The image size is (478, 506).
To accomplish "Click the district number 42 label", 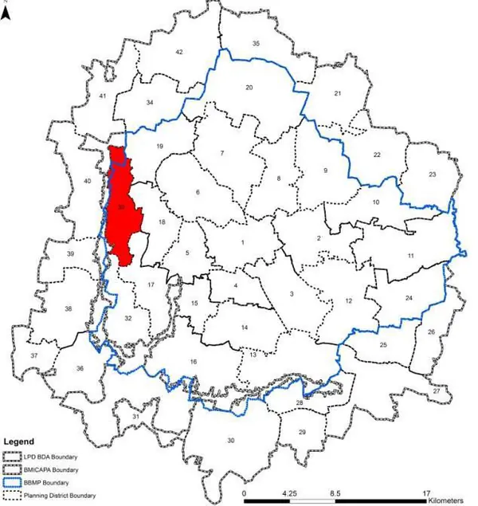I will [x=179, y=52].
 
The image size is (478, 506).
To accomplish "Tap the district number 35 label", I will [x=256, y=43].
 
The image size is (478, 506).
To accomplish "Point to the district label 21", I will [x=337, y=94].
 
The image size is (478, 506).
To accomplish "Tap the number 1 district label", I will [x=242, y=243].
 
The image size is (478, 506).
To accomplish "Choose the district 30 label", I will [x=231, y=441].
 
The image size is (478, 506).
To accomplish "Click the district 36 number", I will [x=80, y=368].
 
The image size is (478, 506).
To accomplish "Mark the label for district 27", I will [x=436, y=391].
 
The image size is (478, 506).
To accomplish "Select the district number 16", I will [x=193, y=363].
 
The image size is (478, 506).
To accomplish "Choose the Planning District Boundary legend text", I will [x=65, y=496].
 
